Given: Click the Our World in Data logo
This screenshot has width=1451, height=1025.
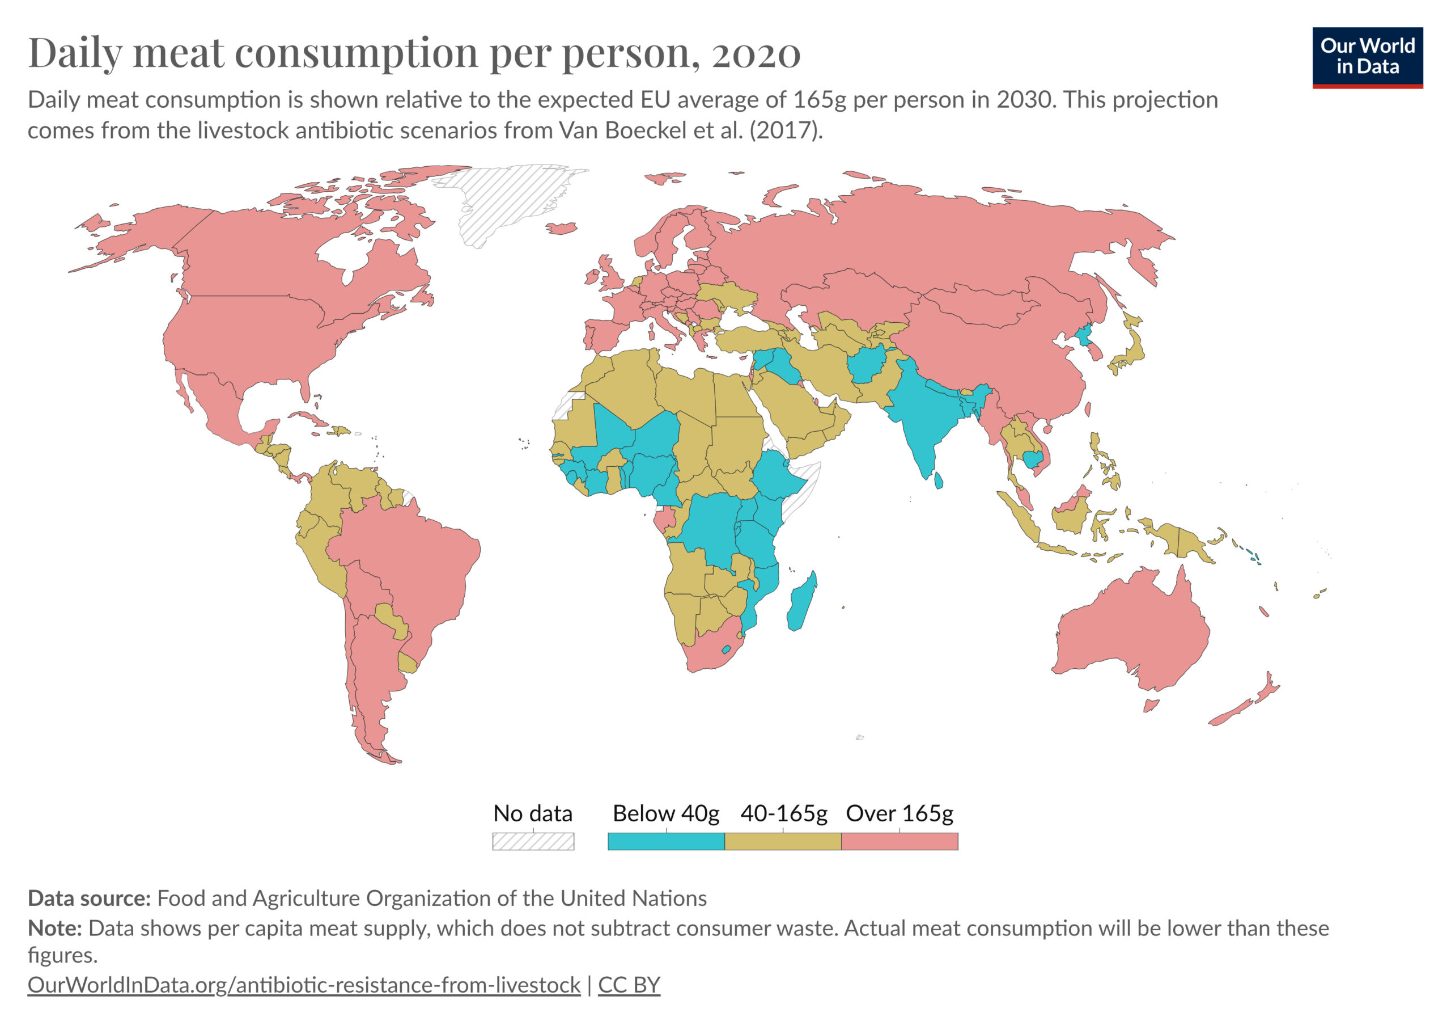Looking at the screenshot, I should point(1367,57).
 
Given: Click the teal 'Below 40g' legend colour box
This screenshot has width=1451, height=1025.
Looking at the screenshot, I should point(665,841).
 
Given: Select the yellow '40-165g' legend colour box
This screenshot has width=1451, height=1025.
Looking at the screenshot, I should point(782,841).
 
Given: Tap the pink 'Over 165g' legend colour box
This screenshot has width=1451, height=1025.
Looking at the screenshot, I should point(900,841).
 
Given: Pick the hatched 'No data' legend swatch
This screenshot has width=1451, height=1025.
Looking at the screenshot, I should point(533,841).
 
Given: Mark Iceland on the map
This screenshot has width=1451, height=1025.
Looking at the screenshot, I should point(561,227).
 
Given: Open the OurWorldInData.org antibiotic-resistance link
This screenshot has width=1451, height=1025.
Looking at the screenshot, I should point(303,985).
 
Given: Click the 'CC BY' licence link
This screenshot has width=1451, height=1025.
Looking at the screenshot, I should point(629,985).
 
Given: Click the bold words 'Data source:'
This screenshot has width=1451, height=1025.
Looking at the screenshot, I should point(89,898).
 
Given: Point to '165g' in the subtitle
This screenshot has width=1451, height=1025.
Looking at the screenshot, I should point(819,100).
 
